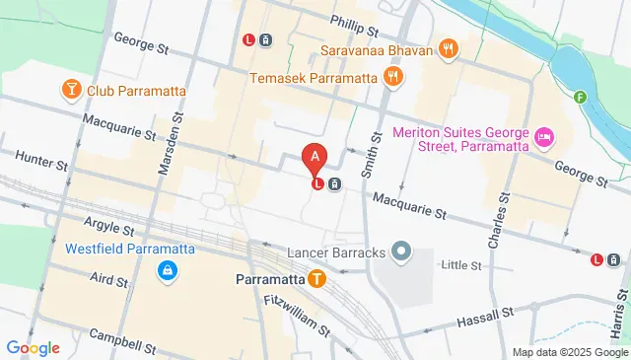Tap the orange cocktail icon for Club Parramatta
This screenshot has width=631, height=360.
click(71, 92)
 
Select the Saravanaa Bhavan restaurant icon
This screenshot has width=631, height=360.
click(449, 47)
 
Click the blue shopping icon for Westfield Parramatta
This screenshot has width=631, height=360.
click(169, 268)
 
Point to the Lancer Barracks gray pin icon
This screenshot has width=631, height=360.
click(400, 252)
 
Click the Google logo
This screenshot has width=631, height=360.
click(33, 347)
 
